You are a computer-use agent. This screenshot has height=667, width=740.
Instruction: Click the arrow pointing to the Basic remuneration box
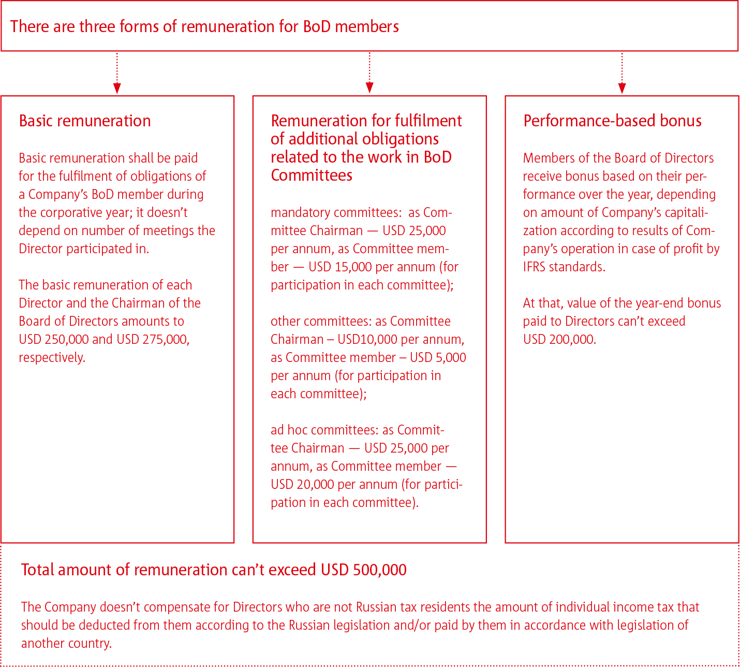click(117, 72)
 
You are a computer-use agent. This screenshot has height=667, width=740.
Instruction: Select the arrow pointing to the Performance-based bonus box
click(622, 72)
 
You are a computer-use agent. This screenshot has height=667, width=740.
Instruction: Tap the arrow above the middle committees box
click(369, 72)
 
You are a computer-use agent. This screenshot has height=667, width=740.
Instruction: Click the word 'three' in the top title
click(99, 26)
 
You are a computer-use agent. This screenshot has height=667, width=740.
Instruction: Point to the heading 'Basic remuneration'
click(85, 121)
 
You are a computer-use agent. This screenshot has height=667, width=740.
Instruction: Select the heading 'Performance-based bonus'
click(612, 121)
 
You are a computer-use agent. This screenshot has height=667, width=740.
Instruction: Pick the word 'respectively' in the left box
click(52, 357)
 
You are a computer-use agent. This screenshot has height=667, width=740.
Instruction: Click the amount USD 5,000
click(438, 357)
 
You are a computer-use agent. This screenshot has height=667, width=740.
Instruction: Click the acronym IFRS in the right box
click(534, 267)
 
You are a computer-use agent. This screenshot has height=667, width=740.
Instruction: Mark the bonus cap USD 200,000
click(559, 339)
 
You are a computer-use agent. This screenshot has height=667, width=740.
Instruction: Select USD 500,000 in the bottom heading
click(363, 570)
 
